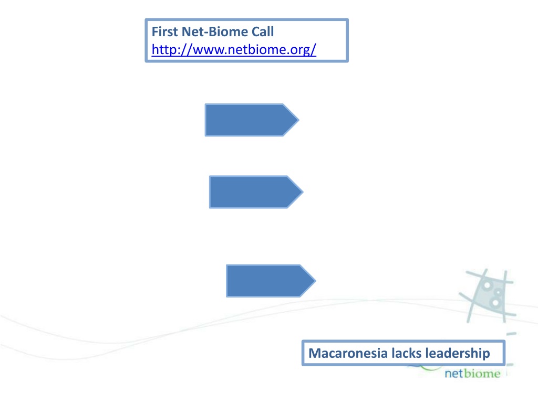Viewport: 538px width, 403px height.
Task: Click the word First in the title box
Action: tap(164, 32)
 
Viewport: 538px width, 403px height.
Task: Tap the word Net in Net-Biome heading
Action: tap(191, 32)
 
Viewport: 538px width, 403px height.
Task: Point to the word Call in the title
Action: tap(262, 32)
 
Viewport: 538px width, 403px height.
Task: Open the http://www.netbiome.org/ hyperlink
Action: tap(234, 50)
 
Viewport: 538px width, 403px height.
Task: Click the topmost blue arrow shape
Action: tap(247, 120)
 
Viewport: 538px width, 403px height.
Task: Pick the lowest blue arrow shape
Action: tap(266, 281)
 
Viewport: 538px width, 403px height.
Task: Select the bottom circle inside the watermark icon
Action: tap(495, 303)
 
